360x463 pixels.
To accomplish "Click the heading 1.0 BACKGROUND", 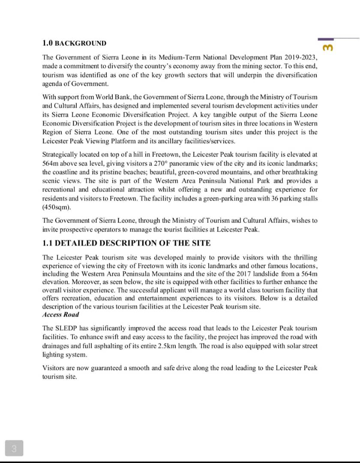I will click(74, 43).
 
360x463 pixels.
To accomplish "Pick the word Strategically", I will click(60, 154).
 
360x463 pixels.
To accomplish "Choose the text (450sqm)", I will click(57, 207).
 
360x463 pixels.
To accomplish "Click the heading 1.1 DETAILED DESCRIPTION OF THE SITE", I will click(126, 243).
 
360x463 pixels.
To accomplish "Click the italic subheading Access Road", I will click(60, 315).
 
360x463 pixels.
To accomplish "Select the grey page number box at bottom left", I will click(14, 449).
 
